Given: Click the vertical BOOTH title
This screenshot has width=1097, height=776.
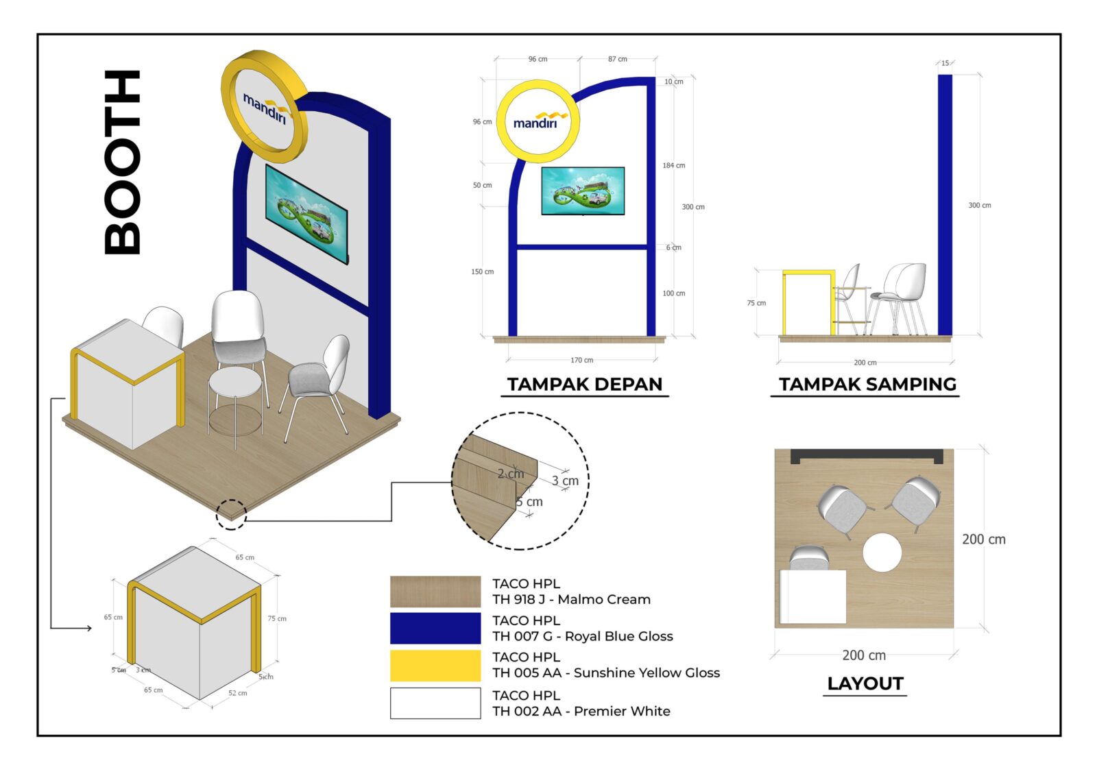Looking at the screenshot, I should [x=123, y=162].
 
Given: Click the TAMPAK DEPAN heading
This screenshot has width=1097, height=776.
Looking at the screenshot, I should [x=584, y=384].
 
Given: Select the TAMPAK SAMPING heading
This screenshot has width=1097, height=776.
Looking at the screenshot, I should [x=867, y=384].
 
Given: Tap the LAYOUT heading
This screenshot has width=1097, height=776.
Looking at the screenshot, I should [x=865, y=683].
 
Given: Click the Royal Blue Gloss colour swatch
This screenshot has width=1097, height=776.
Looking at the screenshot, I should [x=435, y=628].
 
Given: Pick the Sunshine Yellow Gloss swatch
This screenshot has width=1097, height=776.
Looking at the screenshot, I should [x=435, y=665].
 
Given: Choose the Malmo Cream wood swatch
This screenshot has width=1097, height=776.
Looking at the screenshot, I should [x=435, y=592].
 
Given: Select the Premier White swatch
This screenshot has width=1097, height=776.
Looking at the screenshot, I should [x=435, y=703].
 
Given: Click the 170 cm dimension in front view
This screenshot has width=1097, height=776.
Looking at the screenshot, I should [x=581, y=360].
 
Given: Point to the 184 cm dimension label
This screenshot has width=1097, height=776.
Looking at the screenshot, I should [x=673, y=165].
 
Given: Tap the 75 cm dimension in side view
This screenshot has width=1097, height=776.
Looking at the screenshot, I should [x=756, y=303].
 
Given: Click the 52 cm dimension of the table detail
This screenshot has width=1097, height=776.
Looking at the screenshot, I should [x=237, y=693].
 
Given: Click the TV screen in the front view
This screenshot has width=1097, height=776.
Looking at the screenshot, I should [x=583, y=191].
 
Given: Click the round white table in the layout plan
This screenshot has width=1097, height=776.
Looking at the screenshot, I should [x=882, y=553].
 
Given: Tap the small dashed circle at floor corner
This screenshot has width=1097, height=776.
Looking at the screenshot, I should [x=231, y=514].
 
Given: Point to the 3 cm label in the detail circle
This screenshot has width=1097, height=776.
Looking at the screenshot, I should [x=565, y=481].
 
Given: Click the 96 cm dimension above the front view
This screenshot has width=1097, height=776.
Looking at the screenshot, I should [x=538, y=59].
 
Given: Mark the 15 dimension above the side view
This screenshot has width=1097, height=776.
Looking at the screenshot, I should [x=945, y=63].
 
